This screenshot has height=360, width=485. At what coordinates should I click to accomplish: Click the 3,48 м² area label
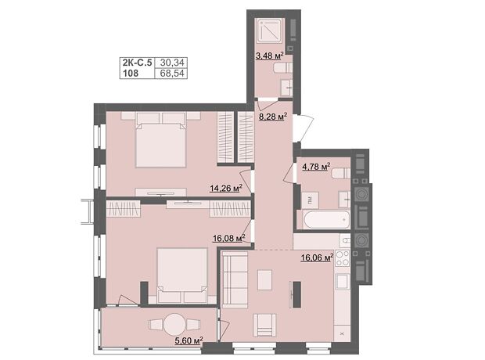269,56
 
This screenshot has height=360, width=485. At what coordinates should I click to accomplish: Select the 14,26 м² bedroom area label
226,188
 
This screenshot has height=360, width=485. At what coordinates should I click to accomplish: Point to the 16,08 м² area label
229,238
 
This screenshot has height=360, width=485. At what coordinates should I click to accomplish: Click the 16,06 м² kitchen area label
317,257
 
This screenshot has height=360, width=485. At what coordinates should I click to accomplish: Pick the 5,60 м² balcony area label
189,340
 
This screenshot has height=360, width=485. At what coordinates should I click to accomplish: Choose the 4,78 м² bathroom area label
316,167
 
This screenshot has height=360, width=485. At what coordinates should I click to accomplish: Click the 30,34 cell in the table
172,63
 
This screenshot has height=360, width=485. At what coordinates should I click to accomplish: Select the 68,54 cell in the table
172,74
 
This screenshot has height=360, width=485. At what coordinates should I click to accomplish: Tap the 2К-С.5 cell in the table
138,63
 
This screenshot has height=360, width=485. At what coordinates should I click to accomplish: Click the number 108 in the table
131,74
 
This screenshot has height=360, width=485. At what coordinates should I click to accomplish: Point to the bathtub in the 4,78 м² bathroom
327,220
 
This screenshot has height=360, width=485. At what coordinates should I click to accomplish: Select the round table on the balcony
175,325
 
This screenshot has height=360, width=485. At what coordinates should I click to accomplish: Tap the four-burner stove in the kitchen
343,258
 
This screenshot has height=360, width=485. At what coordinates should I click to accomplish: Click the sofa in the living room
235,279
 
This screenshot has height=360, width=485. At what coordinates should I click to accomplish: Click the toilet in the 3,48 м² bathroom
282,67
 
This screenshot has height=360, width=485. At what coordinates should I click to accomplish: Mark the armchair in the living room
264,325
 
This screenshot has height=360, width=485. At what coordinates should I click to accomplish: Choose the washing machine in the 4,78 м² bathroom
311,200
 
